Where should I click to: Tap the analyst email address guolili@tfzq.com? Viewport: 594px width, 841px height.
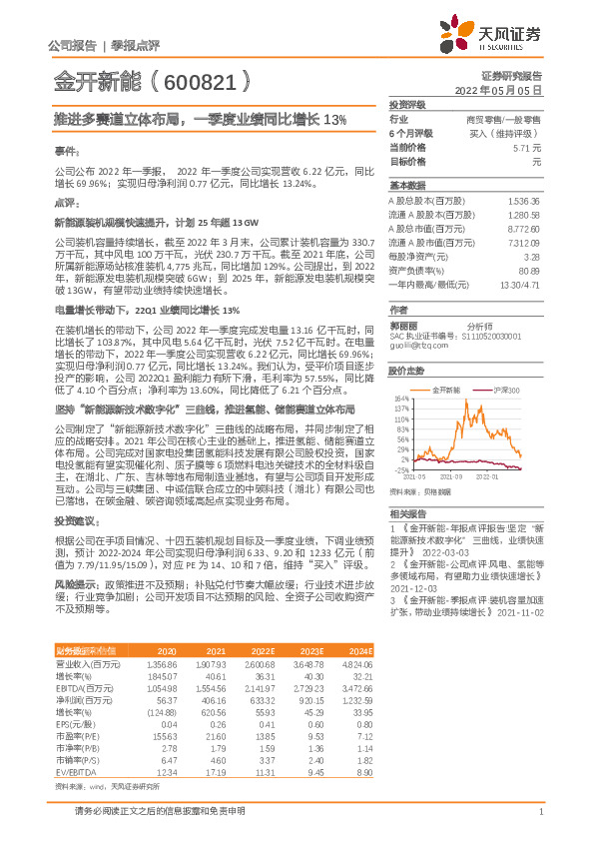[414, 344]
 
